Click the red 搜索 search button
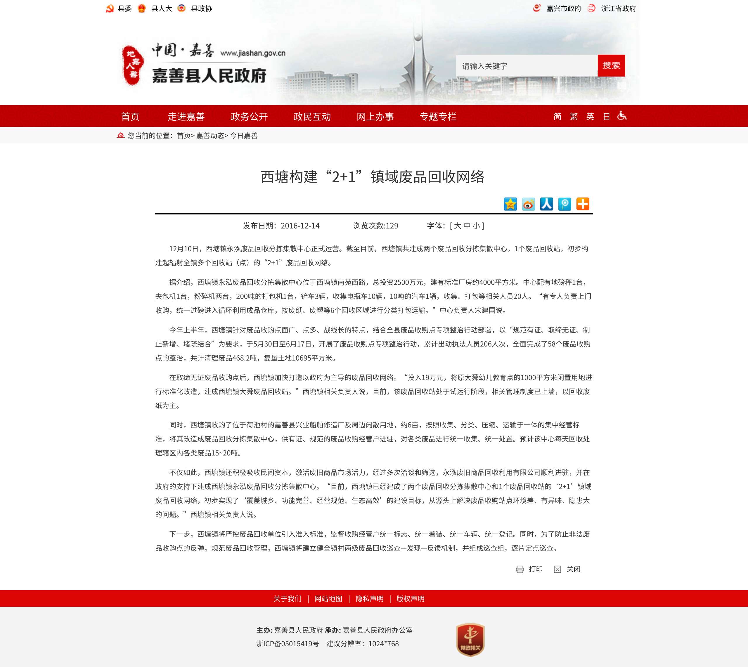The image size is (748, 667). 611,66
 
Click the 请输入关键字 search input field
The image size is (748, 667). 526,66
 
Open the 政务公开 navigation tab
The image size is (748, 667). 249,117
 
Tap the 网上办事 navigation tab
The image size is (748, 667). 375,117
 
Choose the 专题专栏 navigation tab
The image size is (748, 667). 438,117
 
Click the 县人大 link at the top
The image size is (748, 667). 161,8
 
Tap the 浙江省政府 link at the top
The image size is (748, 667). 618,8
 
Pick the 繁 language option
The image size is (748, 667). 574,117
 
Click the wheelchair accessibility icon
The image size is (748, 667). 622,116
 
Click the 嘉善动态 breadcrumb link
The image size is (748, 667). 210,136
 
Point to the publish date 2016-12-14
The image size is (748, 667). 300,226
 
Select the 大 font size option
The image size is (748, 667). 457,226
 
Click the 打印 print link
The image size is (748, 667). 535,569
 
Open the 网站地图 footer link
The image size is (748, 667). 328,598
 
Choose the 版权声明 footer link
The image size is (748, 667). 410,598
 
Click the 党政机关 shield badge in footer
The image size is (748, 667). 470,640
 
